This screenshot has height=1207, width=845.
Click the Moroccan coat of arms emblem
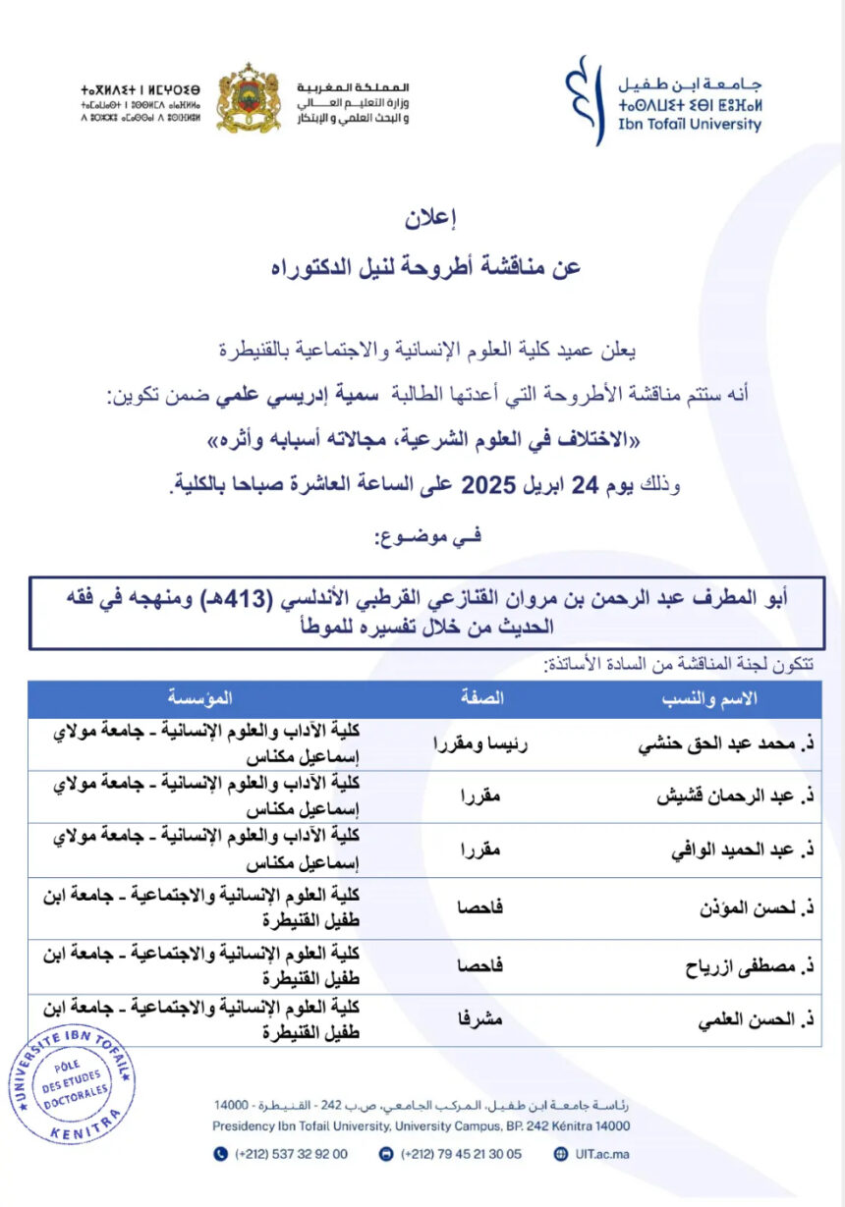pyautogui.click(x=248, y=97)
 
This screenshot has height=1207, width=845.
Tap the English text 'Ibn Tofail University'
pyautogui.click(x=690, y=125)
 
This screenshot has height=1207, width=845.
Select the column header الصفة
pyautogui.click(x=481, y=698)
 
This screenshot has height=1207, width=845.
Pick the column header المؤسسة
pyautogui.click(x=200, y=698)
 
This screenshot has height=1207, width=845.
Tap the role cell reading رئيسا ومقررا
pyautogui.click(x=480, y=744)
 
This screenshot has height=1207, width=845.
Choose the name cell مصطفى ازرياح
pyautogui.click(x=747, y=966)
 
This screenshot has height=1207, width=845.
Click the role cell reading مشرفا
pyautogui.click(x=481, y=1021)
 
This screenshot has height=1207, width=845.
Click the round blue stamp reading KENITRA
pyautogui.click(x=72, y=1083)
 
